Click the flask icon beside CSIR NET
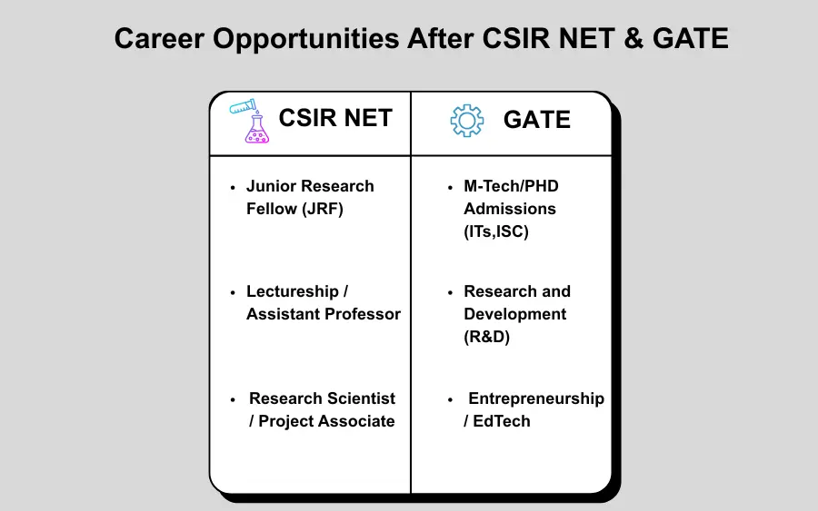[251, 122]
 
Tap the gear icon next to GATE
[467, 121]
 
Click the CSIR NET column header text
[335, 119]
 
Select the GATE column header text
[537, 120]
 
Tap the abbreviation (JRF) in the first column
[323, 209]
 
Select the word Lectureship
[292, 291]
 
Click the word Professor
[362, 314]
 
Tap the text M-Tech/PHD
[511, 186]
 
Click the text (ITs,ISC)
[496, 231]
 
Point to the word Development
[515, 314]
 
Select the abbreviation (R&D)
[487, 337]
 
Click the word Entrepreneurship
[536, 398]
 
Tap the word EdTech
[502, 421]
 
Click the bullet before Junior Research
[234, 186]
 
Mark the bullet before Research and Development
[451, 291]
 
